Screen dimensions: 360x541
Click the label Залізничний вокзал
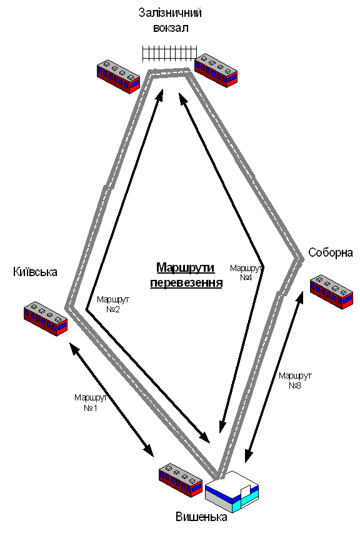[170, 20]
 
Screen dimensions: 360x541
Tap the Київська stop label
[35, 272]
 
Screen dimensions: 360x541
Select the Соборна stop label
[331, 252]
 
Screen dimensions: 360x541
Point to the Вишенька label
[202, 517]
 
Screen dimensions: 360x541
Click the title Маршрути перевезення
[186, 275]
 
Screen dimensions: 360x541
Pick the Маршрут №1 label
[91, 403]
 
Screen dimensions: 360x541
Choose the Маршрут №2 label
[113, 304]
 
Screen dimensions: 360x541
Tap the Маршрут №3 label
[295, 380]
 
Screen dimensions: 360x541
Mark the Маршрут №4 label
[246, 272]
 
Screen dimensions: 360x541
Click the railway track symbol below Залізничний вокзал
[169, 54]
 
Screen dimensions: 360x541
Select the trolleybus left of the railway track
[118, 77]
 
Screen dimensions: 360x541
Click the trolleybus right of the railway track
[216, 71]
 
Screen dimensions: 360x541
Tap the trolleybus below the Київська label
[46, 319]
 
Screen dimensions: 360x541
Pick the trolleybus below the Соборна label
[332, 292]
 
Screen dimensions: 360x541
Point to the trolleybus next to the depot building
[181, 480]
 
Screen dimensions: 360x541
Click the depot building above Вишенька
[232, 491]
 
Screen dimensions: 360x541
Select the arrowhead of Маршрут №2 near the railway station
[160, 94]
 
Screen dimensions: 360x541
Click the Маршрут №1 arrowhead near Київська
[74, 348]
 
